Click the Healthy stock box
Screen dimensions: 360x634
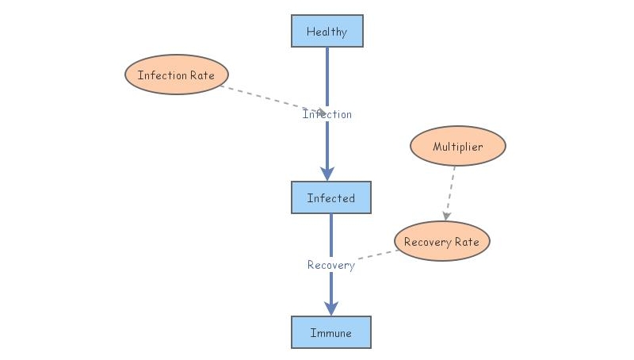[x=327, y=32]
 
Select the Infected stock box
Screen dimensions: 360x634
[x=330, y=198]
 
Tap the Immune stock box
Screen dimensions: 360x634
[x=330, y=332]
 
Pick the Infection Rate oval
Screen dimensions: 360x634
[x=176, y=75]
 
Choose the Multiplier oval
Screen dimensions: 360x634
[x=457, y=147]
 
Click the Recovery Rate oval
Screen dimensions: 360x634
[x=441, y=242]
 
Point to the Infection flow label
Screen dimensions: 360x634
[x=327, y=114]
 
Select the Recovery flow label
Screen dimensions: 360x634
[x=330, y=265]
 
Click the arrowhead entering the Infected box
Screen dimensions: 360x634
[x=327, y=174]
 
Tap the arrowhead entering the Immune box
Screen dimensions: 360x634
[x=331, y=308]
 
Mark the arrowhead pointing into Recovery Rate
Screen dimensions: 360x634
[x=447, y=215]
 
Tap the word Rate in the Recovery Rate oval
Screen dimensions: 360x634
[x=467, y=242]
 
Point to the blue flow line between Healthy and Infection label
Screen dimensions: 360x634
[x=327, y=75]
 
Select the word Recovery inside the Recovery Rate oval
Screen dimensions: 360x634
[x=427, y=242]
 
